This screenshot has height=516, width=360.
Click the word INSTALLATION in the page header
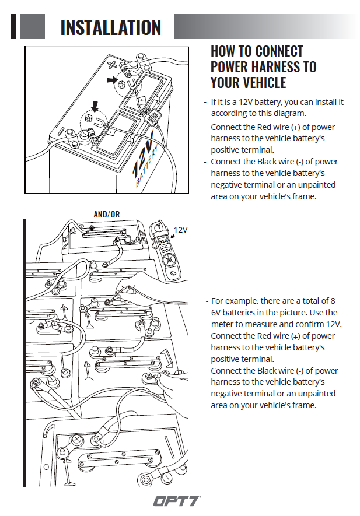pyautogui.click(x=110, y=27)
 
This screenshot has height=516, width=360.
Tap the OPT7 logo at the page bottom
pyautogui.click(x=177, y=500)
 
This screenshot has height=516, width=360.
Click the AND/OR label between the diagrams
pyautogui.click(x=106, y=214)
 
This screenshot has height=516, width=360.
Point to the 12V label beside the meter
pyautogui.click(x=181, y=230)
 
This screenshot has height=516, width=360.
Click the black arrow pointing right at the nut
pyautogui.click(x=112, y=80)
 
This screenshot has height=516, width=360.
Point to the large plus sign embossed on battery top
pyautogui.click(x=113, y=62)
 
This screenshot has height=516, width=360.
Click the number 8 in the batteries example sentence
pyautogui.click(x=333, y=301)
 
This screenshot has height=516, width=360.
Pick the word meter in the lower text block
pyautogui.click(x=222, y=324)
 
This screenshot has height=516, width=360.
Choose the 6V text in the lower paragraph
pyautogui.click(x=218, y=313)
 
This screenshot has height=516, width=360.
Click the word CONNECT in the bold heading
pyautogui.click(x=279, y=51)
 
